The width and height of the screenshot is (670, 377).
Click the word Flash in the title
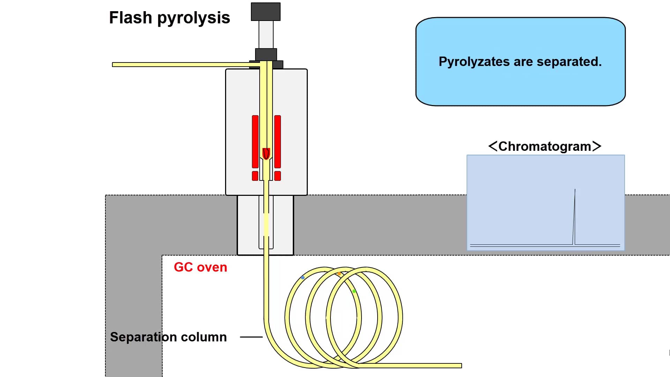click(130, 17)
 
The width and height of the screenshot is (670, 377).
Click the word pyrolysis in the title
click(194, 18)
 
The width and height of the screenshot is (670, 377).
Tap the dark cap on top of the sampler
click(266, 12)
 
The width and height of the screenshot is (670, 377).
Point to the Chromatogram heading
click(544, 146)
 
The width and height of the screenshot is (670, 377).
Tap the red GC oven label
click(200, 267)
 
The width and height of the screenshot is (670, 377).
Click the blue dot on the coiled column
click(303, 278)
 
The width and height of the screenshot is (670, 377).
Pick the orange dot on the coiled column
click(339, 274)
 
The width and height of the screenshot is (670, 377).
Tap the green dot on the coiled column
click(354, 291)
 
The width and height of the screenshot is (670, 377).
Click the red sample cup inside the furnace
click(266, 154)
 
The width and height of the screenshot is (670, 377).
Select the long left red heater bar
click(255, 141)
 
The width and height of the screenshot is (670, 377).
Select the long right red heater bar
click(278, 141)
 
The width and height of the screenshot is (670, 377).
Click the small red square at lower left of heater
click(255, 176)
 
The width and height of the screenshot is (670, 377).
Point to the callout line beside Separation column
click(251, 337)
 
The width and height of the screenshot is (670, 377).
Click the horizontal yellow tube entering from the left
click(181, 65)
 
